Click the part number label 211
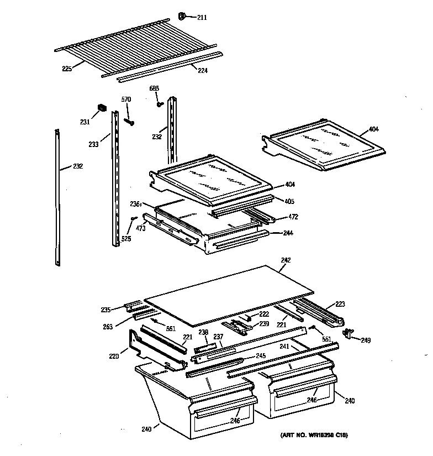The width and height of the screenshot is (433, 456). tap(202, 18)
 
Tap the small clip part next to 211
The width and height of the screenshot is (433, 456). tap(184, 15)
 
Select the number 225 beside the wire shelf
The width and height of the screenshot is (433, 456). tap(67, 70)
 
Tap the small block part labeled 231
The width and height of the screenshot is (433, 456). tap(102, 107)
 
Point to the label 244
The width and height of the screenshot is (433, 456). tap(288, 233)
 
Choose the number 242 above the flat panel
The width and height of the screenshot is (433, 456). tap(286, 260)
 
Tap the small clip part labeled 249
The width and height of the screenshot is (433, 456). tap(348, 333)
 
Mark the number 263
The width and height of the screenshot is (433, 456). tap(107, 327)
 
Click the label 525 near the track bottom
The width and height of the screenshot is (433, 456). tap(126, 239)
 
